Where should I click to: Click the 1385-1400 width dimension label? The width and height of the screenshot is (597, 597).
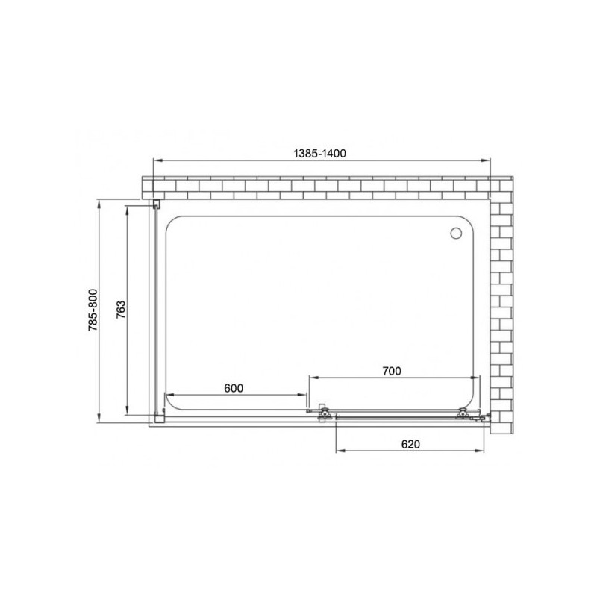coord(321,151)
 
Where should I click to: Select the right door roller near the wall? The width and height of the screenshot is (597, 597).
coord(463,412)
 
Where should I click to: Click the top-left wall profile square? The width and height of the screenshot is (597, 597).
coord(157,204)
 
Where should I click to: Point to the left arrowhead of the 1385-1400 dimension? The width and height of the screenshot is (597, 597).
coord(155,160)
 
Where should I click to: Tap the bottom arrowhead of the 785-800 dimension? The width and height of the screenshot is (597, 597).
coord(100,419)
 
